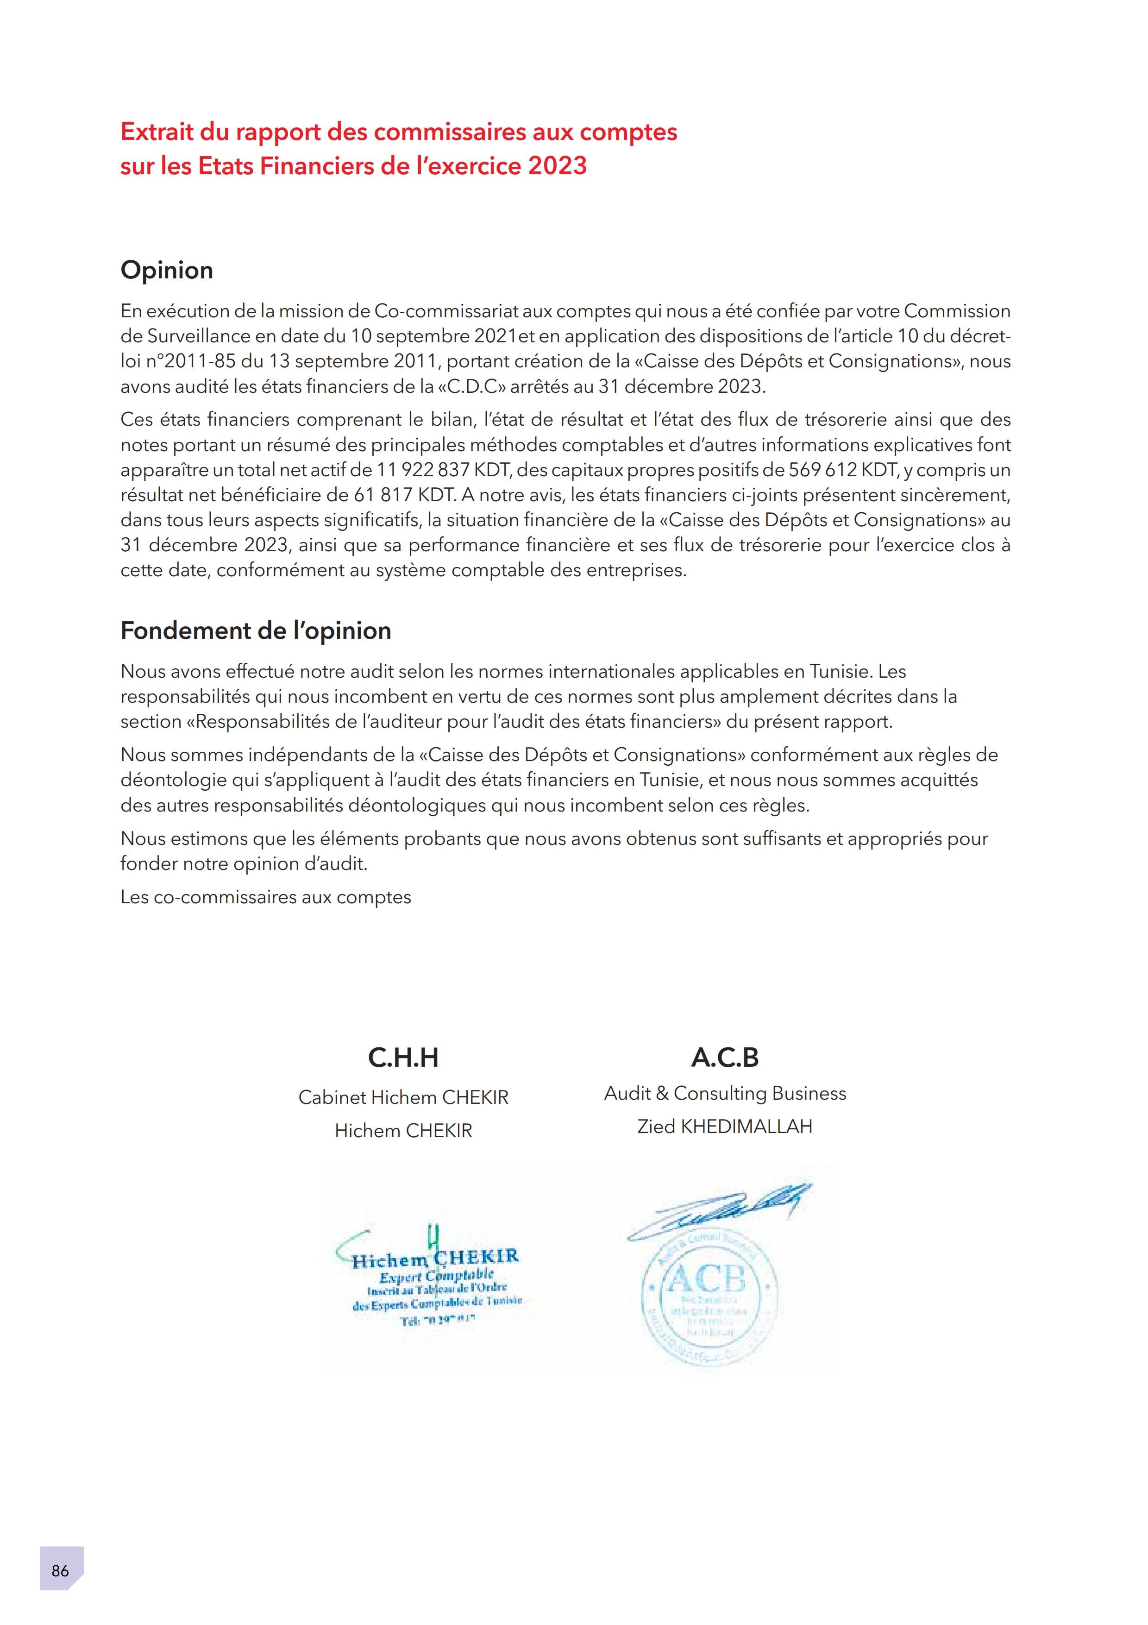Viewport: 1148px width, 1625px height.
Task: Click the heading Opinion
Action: tap(167, 270)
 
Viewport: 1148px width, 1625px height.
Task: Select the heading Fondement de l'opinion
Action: tap(255, 630)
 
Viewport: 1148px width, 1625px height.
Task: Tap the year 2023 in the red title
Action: tap(558, 166)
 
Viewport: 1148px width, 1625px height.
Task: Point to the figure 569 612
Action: tap(822, 470)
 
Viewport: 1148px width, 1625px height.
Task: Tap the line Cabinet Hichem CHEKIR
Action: tap(403, 1097)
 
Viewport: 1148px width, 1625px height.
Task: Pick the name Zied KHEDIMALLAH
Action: tap(725, 1126)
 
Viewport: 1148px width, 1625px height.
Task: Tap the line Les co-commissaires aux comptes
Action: tap(266, 897)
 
